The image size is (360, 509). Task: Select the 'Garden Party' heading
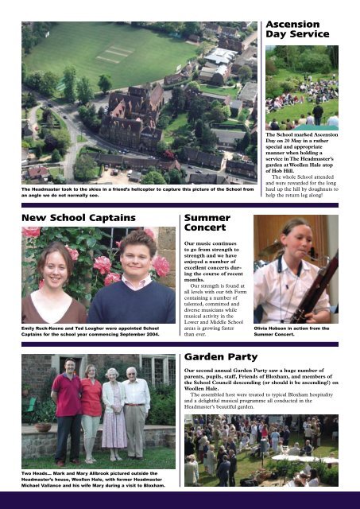point(222,356)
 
